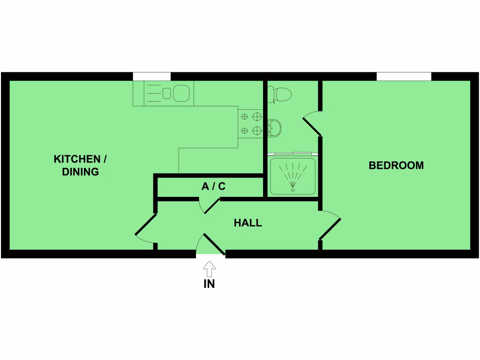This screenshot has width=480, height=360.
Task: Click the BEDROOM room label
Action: point(396,165)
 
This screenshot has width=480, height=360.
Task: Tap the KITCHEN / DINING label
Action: point(80,165)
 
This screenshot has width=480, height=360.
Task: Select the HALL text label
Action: point(247,223)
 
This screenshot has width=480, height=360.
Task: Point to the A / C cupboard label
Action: point(213,187)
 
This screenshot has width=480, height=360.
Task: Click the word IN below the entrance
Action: point(209,284)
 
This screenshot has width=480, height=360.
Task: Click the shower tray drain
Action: point(293,189)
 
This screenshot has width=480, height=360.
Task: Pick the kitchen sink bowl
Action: point(180,93)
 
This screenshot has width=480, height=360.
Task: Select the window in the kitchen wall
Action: point(151,76)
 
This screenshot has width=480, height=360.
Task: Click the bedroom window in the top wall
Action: point(404,76)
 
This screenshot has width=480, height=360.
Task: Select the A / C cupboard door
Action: point(211,206)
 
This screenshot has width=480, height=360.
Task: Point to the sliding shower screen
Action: point(292,153)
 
